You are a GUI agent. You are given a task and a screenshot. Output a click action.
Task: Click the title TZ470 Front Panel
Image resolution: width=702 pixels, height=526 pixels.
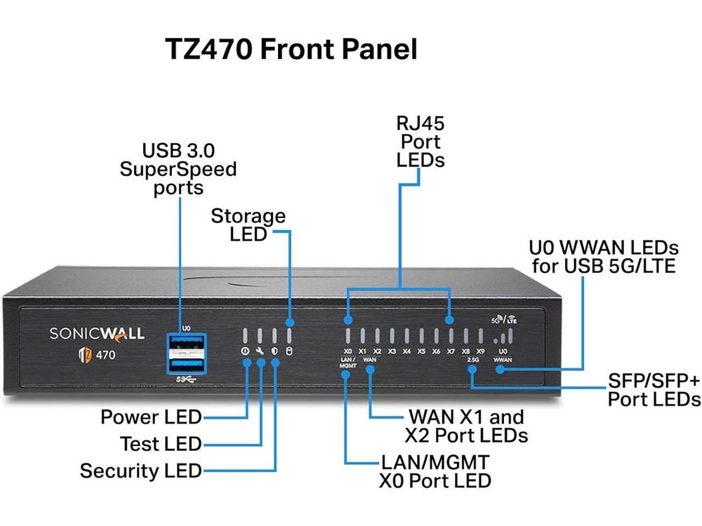coord(291,50)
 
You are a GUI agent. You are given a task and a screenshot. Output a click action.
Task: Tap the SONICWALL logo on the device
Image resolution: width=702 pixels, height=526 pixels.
coord(97,333)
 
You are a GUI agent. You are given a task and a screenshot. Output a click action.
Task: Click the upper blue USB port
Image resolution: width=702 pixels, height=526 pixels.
coord(186,344)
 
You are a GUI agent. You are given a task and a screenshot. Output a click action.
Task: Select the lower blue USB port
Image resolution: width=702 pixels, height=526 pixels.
coord(186,365)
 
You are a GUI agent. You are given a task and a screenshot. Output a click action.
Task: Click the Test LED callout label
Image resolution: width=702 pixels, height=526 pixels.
coord(161,444)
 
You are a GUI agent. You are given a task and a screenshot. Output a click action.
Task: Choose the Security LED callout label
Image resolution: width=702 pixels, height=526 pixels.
coord(140,471)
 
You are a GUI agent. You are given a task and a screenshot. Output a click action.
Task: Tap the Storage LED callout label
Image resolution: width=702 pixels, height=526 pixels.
coord(249,224)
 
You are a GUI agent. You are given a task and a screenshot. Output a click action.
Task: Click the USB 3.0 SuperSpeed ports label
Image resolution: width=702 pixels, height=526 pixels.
coord(178,169)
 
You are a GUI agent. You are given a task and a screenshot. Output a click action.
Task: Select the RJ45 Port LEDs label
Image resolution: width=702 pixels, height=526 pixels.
coord(420,142)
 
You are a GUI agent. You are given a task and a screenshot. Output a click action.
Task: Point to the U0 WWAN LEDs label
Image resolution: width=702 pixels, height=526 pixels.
coord(603,257)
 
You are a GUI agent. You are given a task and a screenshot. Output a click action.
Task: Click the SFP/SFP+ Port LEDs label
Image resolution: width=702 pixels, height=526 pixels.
coord(654,390)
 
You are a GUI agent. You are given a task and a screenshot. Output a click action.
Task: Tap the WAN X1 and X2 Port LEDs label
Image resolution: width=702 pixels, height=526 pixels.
coord(466,426)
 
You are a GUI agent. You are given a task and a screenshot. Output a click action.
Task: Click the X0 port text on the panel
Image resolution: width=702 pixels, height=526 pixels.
coord(348,351)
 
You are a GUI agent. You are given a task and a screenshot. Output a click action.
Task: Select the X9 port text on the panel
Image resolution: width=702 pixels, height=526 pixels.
coord(480,351)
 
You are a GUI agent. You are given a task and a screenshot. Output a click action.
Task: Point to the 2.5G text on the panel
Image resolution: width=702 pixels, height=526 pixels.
coord(472,360)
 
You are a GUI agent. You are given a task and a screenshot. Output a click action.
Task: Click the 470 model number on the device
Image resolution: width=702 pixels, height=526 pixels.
coord(106,354)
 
